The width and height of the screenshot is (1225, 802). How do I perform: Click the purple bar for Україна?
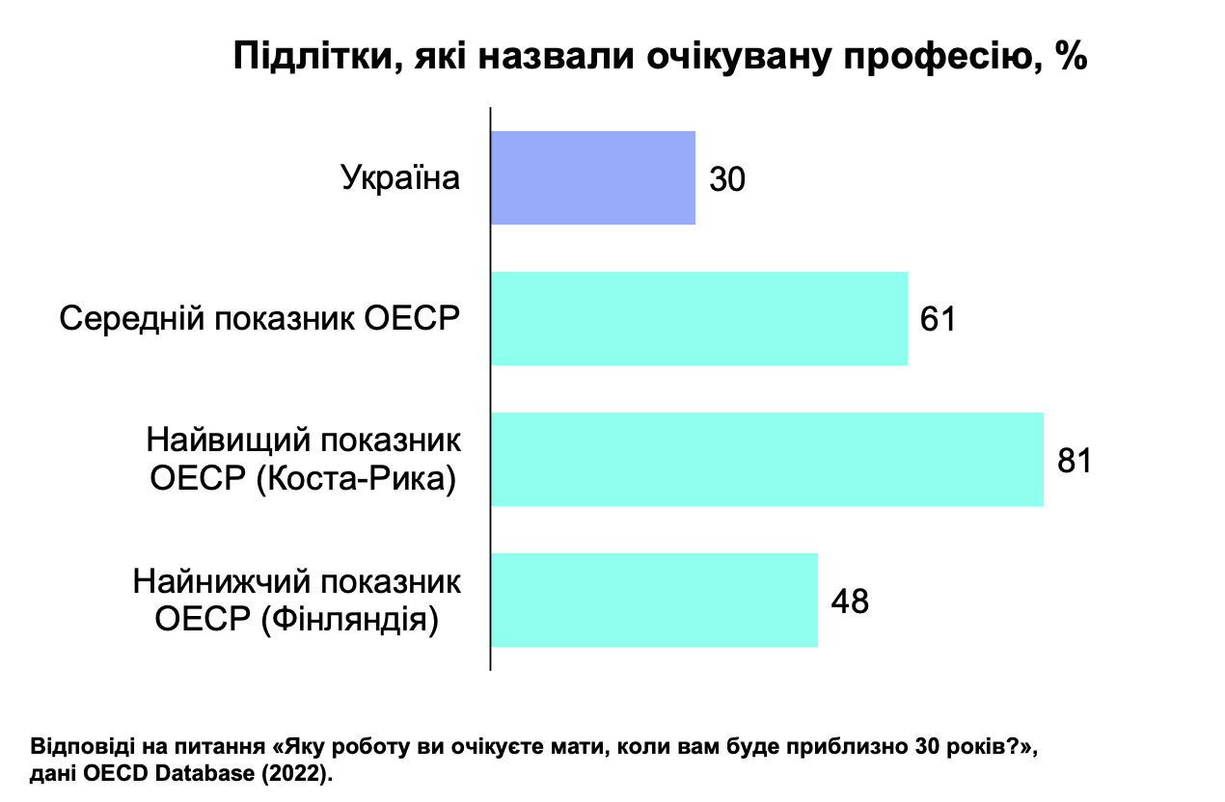[x=593, y=177]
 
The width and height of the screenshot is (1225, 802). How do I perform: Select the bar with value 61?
[x=699, y=318]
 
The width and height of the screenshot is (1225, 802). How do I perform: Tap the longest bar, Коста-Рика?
[x=767, y=459]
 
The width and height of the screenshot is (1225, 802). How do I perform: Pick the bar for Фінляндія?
[x=654, y=600]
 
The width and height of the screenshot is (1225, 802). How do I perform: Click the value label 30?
[x=726, y=178]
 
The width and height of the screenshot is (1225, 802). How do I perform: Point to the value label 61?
[x=938, y=319]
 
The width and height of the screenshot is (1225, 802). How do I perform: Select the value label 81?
[x=1075, y=461]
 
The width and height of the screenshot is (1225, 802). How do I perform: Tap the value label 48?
[x=850, y=601]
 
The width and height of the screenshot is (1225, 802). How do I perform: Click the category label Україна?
[x=400, y=177]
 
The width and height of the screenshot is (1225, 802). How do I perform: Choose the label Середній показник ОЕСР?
[x=259, y=318]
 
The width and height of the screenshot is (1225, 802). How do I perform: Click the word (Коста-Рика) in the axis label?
[x=356, y=479]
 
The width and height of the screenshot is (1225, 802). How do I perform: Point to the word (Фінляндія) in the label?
[x=350, y=620]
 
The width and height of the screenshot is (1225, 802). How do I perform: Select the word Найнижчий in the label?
[x=222, y=581]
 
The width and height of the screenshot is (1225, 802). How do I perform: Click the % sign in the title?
[x=1072, y=55]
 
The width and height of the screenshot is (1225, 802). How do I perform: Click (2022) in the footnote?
[x=297, y=773]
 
